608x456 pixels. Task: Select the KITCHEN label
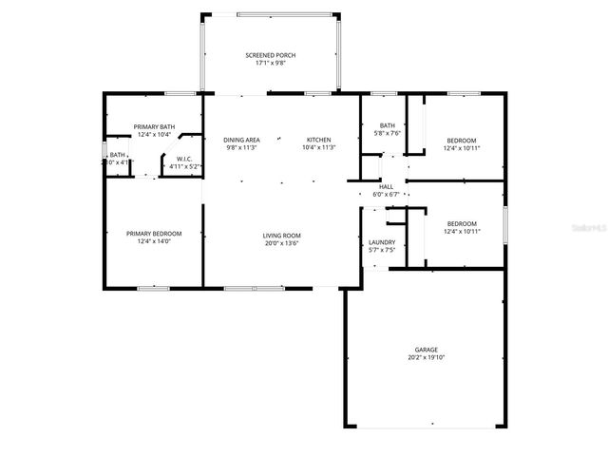point(318,140)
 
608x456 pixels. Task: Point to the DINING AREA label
point(241,140)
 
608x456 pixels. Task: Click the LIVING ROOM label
point(281,235)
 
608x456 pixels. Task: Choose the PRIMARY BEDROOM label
point(153,233)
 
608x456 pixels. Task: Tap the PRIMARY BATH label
point(153,126)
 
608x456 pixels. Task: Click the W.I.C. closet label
point(183,159)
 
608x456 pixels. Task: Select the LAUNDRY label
point(381,243)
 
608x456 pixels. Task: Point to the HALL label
point(386,186)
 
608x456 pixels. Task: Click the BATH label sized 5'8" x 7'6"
point(387,125)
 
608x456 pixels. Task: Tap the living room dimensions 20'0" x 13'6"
point(281,242)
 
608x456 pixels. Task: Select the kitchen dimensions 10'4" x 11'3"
point(318,147)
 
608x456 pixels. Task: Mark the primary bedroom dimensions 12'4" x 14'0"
point(153,241)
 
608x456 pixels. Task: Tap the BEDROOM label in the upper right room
point(461,141)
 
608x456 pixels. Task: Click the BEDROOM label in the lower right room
point(461,224)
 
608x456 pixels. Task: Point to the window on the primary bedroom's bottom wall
point(153,287)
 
